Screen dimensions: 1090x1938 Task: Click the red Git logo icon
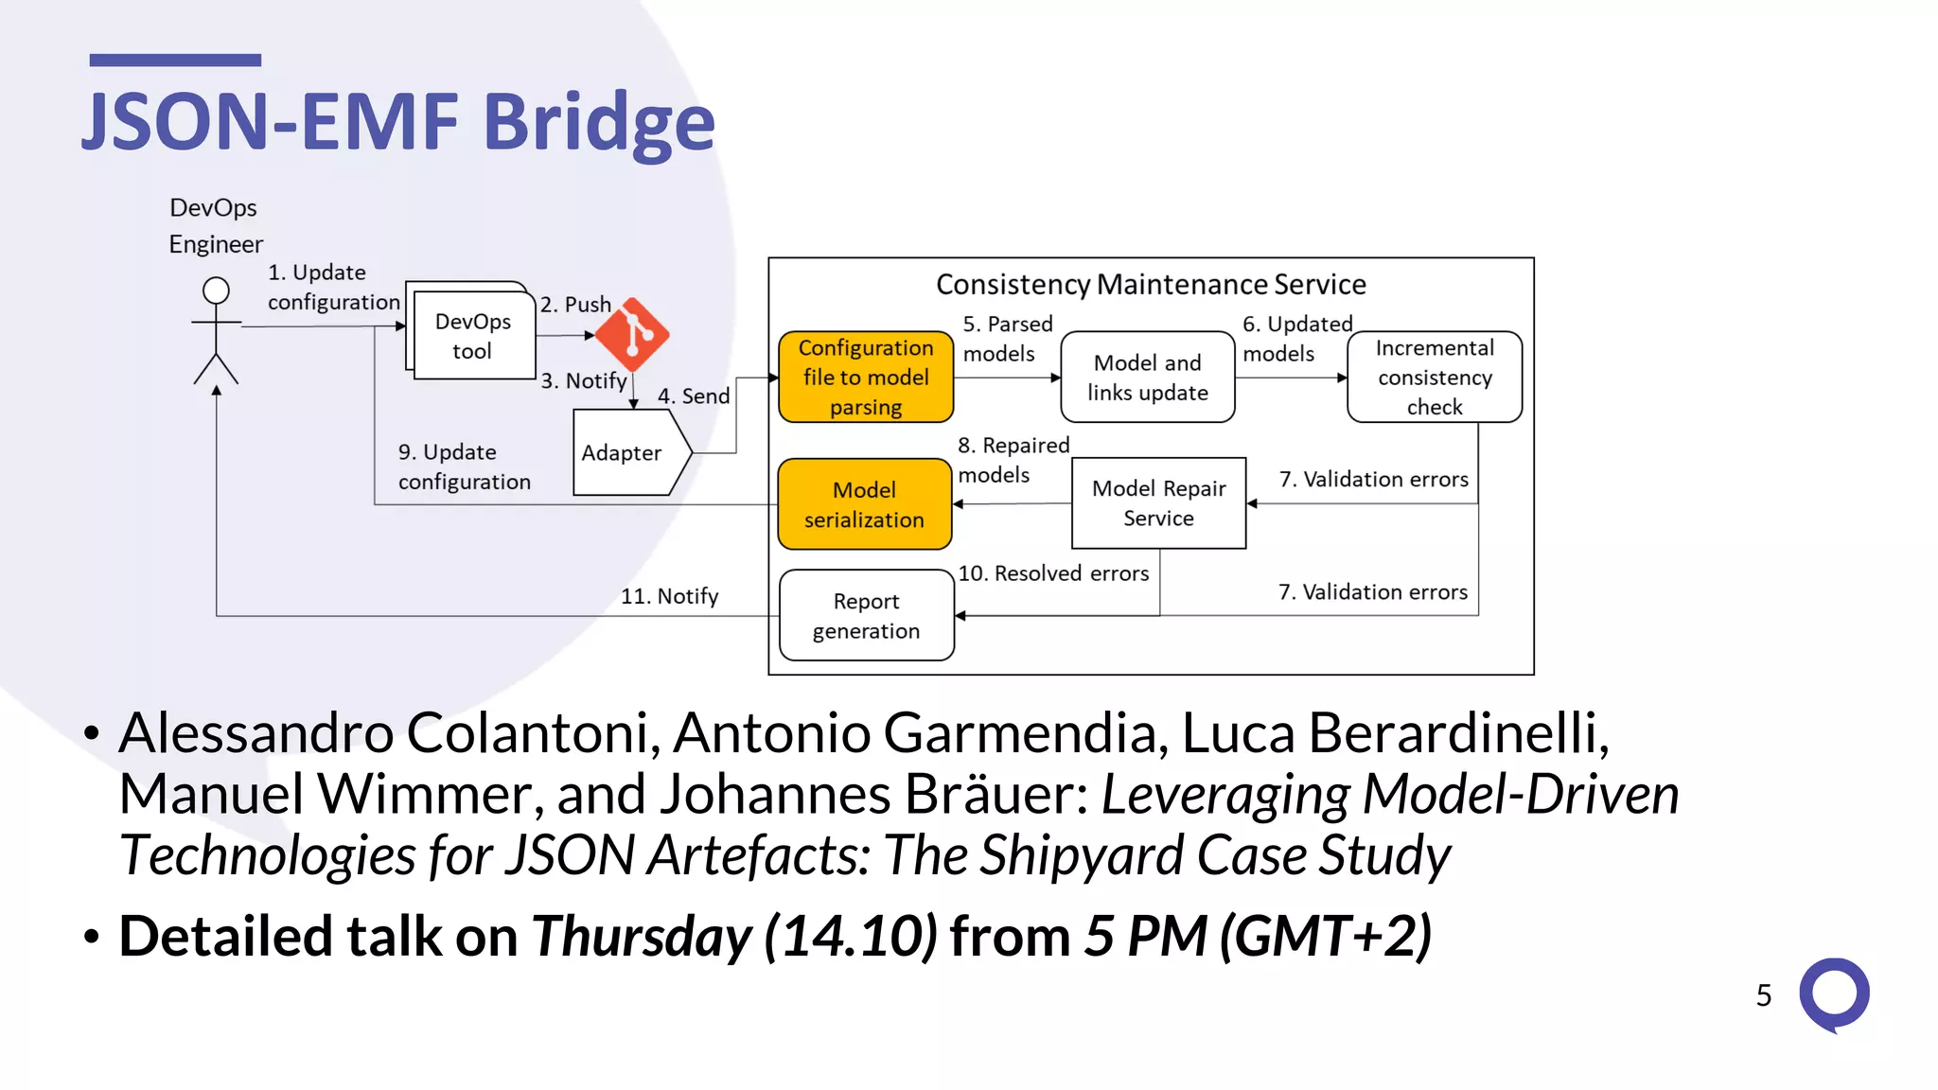[x=632, y=334]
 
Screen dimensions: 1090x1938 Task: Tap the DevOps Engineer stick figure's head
[x=216, y=290]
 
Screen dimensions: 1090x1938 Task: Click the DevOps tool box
[x=474, y=336]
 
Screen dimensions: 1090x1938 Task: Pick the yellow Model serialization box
[x=864, y=504]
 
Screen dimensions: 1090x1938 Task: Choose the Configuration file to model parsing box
[x=865, y=377]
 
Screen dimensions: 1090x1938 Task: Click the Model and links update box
[x=1147, y=377]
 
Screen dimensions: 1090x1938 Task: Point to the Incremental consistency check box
[x=1434, y=377]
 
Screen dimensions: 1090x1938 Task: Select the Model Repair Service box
[x=1158, y=503]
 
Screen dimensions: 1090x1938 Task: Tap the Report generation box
[x=866, y=615]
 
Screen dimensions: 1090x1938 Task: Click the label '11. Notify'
[x=669, y=596]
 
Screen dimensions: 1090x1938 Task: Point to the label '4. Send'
[x=694, y=396]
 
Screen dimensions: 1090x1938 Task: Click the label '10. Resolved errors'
[x=1053, y=573]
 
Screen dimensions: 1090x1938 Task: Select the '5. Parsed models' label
[x=1007, y=339]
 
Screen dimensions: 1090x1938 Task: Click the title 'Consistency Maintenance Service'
[x=1151, y=285]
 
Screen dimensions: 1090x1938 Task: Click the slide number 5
[x=1763, y=995]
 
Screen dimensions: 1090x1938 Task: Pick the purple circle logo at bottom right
[x=1834, y=993]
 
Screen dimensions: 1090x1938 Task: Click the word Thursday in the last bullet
[x=641, y=937]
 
